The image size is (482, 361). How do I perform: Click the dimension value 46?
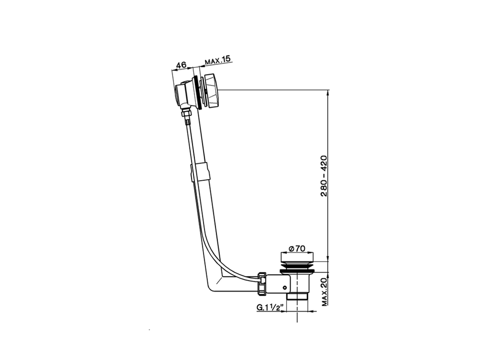(181, 65)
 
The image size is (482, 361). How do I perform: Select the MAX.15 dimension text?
(218, 61)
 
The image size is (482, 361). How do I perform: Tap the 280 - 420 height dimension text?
(323, 176)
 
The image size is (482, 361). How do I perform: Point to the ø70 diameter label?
(297, 249)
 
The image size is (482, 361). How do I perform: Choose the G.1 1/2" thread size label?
(270, 308)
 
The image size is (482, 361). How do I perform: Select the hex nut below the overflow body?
(185, 113)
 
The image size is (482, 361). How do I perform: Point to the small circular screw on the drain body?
(285, 288)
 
